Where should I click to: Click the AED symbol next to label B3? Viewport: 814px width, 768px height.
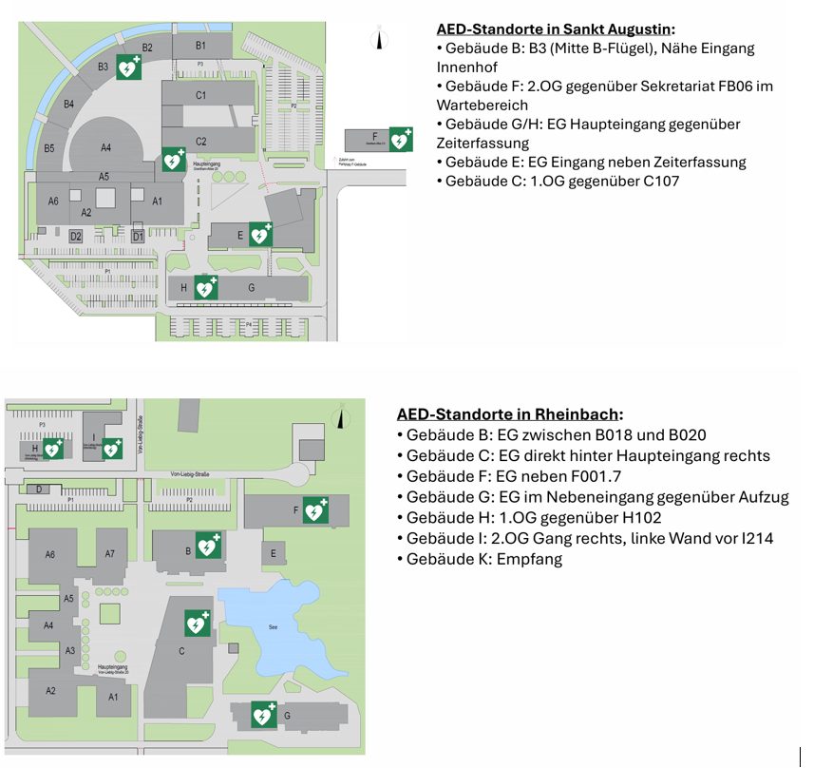pyautogui.click(x=128, y=67)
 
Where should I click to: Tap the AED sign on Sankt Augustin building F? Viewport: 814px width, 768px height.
pyautogui.click(x=401, y=140)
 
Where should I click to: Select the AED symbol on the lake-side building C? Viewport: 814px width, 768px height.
pyautogui.click(x=197, y=624)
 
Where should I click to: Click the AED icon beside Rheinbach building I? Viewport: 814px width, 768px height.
pyautogui.click(x=112, y=449)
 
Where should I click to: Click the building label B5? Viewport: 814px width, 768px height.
pyautogui.click(x=49, y=148)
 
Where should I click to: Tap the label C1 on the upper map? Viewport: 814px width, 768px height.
pyautogui.click(x=200, y=95)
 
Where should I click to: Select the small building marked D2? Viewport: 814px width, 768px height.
pyautogui.click(x=76, y=235)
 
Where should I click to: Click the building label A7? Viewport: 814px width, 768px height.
pyautogui.click(x=110, y=554)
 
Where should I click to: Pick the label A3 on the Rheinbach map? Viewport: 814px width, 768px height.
pyautogui.click(x=69, y=651)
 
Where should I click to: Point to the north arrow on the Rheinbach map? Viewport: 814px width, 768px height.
pyautogui.click(x=339, y=415)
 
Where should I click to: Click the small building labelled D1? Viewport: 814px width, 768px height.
pyautogui.click(x=138, y=235)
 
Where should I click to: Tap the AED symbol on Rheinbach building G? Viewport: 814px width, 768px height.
pyautogui.click(x=263, y=715)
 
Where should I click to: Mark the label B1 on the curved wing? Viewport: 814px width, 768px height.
pyautogui.click(x=201, y=46)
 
